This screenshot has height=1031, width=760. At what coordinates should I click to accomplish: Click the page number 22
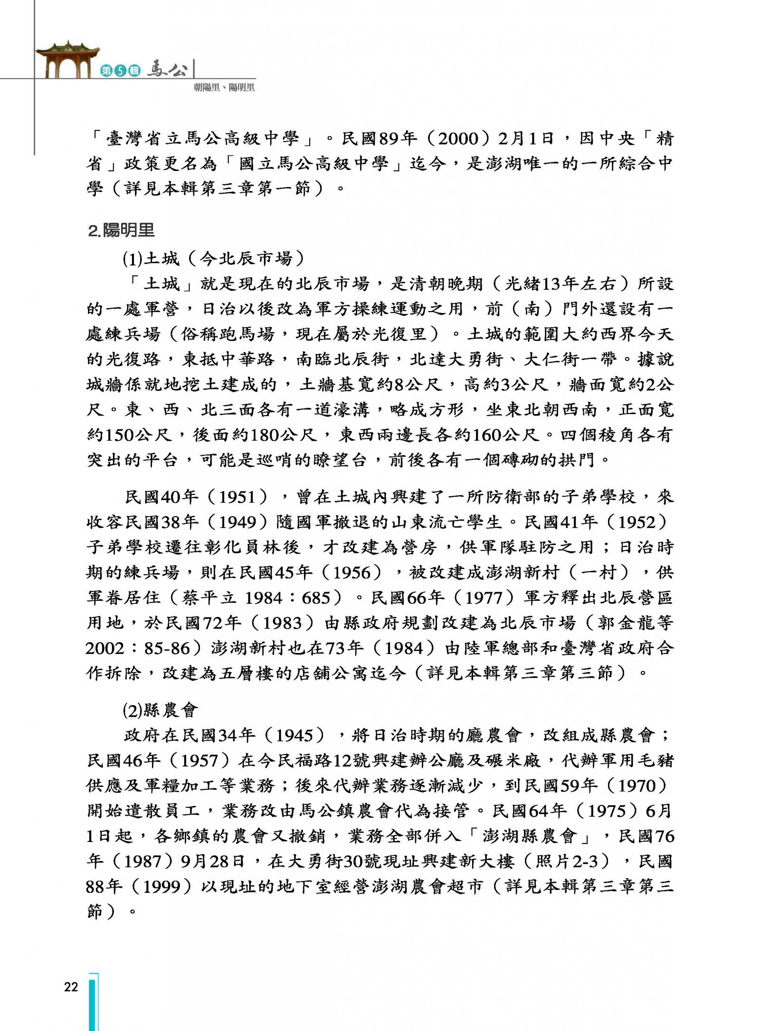click(71, 987)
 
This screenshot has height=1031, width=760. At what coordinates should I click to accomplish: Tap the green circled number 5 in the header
click(121, 71)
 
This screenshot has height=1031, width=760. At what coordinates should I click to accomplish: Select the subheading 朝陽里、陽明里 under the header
click(224, 87)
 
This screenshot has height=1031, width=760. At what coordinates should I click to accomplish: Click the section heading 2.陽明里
click(122, 231)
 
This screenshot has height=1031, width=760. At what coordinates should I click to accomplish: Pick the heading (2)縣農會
click(160, 710)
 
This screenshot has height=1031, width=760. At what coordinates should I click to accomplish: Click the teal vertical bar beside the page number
click(93, 1002)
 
